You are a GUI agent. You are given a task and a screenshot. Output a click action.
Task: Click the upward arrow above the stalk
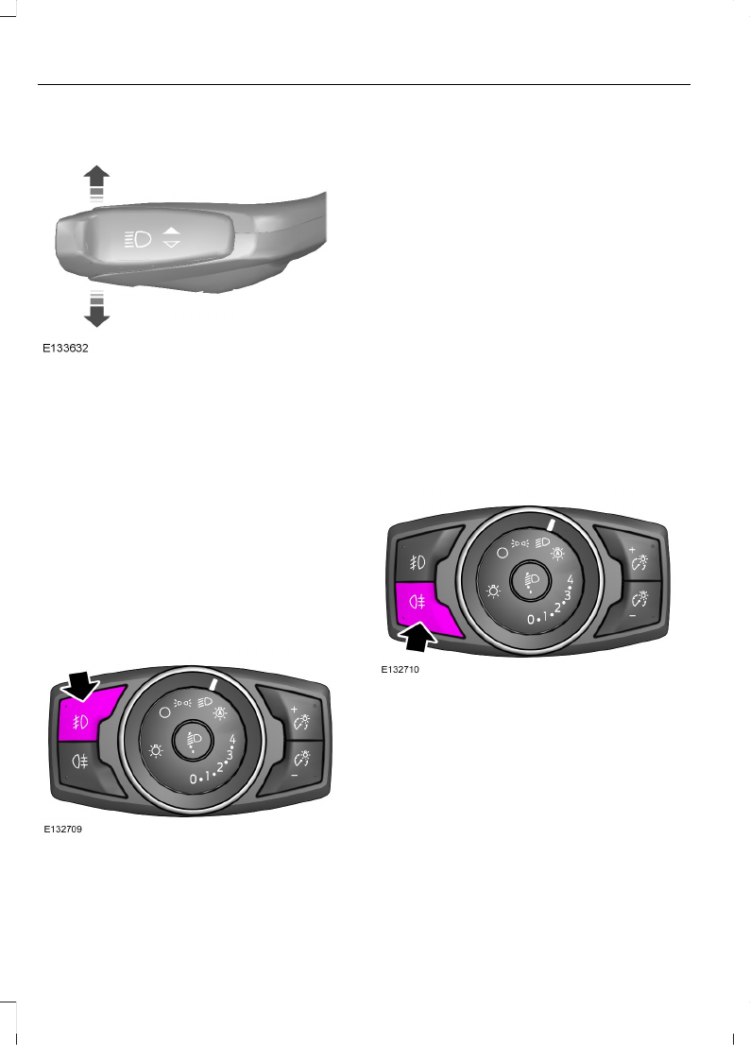click(x=96, y=180)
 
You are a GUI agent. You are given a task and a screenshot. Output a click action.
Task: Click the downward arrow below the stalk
click(x=96, y=311)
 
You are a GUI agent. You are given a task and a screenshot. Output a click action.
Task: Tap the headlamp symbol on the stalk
click(x=138, y=238)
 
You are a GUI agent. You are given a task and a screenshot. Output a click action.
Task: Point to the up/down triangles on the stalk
click(x=171, y=237)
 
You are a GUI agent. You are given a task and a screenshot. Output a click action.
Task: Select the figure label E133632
click(x=65, y=349)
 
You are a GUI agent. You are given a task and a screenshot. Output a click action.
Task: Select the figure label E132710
click(x=400, y=669)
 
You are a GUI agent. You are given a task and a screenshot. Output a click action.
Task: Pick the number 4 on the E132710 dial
click(x=570, y=578)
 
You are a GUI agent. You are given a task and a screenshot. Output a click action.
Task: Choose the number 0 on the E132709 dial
click(x=194, y=779)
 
